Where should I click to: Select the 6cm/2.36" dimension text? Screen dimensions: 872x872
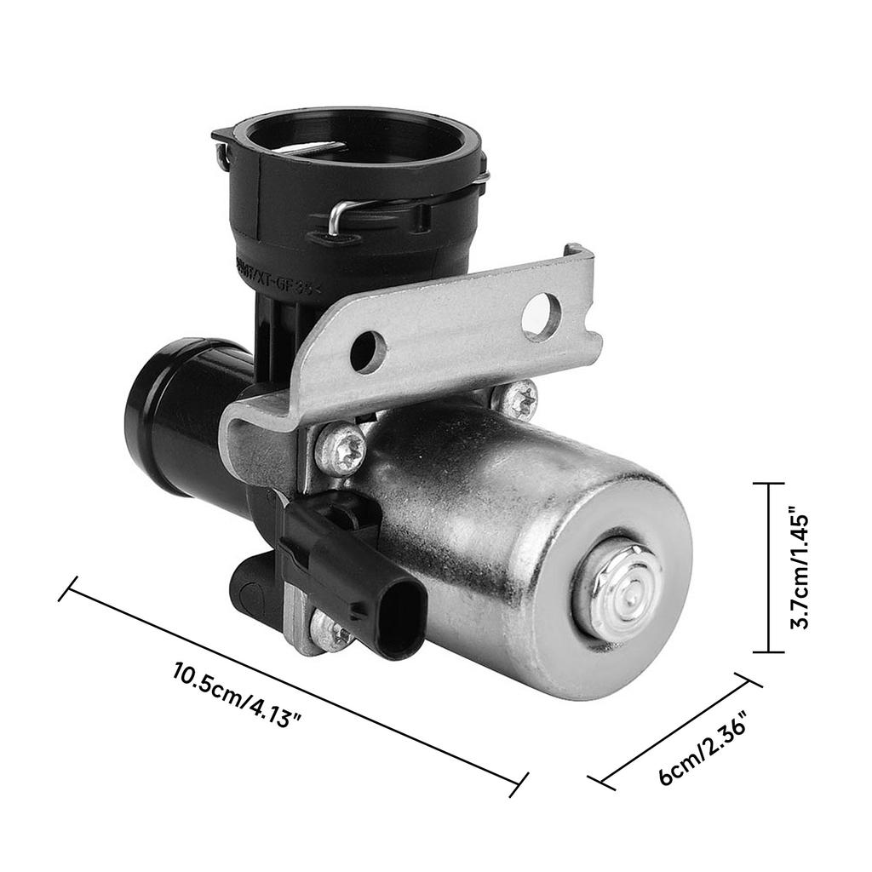(703, 747)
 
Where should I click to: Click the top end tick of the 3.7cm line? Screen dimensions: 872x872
(769, 484)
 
